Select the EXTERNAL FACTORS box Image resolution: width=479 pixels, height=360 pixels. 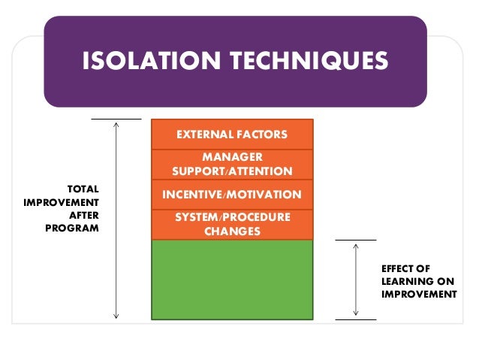(232, 135)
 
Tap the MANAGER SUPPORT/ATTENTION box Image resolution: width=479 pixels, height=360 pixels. (232, 165)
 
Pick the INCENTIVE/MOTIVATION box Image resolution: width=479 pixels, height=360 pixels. (232, 195)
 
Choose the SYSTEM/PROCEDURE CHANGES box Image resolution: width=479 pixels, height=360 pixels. (232, 225)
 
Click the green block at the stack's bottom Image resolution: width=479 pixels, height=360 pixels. (232, 280)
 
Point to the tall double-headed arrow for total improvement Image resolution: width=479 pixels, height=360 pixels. (116, 218)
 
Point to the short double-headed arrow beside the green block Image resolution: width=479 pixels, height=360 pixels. (355, 280)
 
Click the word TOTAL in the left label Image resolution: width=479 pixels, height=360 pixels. (83, 189)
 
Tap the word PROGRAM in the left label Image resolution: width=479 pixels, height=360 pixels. (73, 228)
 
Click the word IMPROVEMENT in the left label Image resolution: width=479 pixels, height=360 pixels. (62, 202)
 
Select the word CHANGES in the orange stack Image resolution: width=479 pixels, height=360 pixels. (232, 231)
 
